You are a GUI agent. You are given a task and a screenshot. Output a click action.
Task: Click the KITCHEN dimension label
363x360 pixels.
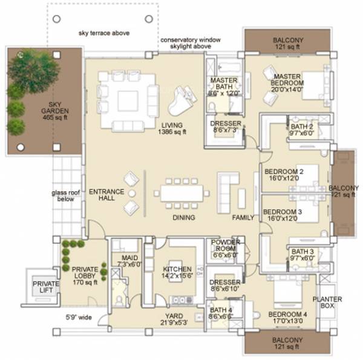(177, 273)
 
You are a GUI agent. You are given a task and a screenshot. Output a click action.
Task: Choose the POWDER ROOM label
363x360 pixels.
(226, 249)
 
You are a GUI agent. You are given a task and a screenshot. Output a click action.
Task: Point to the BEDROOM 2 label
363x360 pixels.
(283, 175)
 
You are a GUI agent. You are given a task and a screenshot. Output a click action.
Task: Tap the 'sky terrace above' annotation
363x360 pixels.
(103, 33)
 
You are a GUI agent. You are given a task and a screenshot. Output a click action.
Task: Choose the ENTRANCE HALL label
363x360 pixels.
(106, 195)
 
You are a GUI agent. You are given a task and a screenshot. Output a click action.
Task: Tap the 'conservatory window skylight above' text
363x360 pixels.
(189, 43)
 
